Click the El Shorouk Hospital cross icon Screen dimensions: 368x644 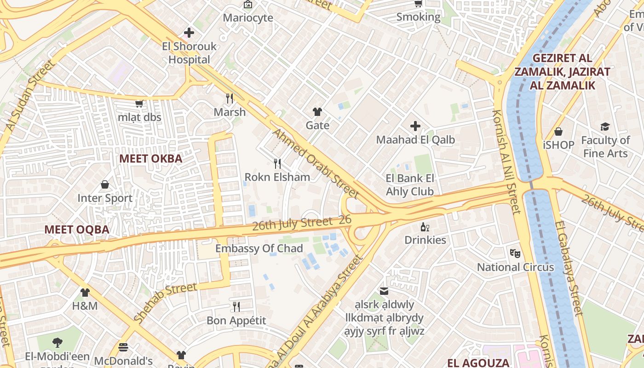coord(189,33)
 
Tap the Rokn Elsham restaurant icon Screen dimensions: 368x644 coord(277,163)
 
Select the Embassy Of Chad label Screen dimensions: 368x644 coord(259,249)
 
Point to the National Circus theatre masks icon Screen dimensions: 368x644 coord(515,253)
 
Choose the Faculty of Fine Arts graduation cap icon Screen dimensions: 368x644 coord(605,126)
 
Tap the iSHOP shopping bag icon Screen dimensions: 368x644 coord(558,132)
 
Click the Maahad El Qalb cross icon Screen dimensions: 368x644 coord(415,126)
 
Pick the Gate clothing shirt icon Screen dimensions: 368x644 coord(317,111)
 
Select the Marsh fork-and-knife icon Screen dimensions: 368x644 coord(230,98)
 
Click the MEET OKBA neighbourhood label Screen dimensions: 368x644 coord(150,159)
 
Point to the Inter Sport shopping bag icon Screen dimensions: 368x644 coord(105,184)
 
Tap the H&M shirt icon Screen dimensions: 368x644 coord(85,292)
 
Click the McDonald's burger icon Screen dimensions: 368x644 coord(123,347)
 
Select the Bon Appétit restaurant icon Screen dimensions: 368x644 coord(236,306)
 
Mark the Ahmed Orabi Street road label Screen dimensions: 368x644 coord(315,163)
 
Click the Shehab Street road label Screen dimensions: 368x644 coord(165,302)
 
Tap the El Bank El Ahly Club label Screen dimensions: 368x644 coord(410,185)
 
